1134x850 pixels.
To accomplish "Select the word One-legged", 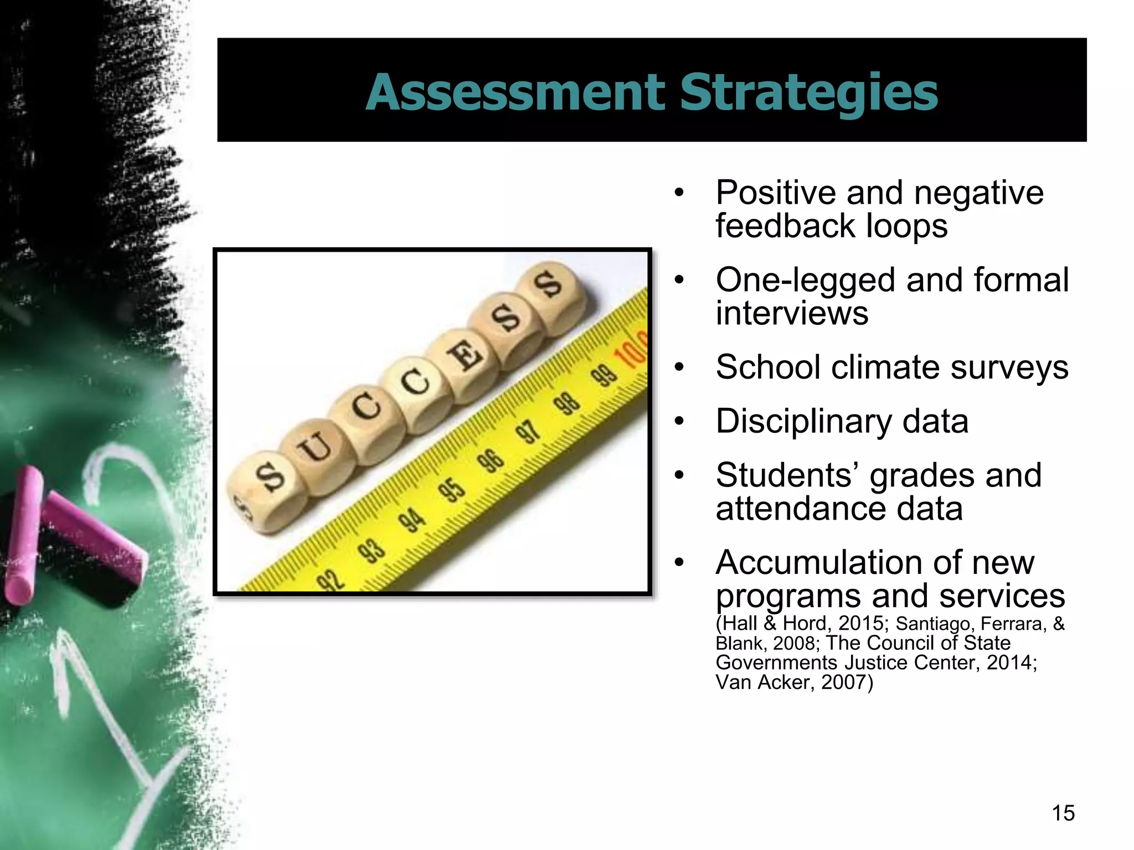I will click(806, 280).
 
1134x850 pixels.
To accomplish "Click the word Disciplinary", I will click(803, 422).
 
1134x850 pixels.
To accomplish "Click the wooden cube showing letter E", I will click(462, 357).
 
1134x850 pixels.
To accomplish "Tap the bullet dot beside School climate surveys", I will click(679, 367).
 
